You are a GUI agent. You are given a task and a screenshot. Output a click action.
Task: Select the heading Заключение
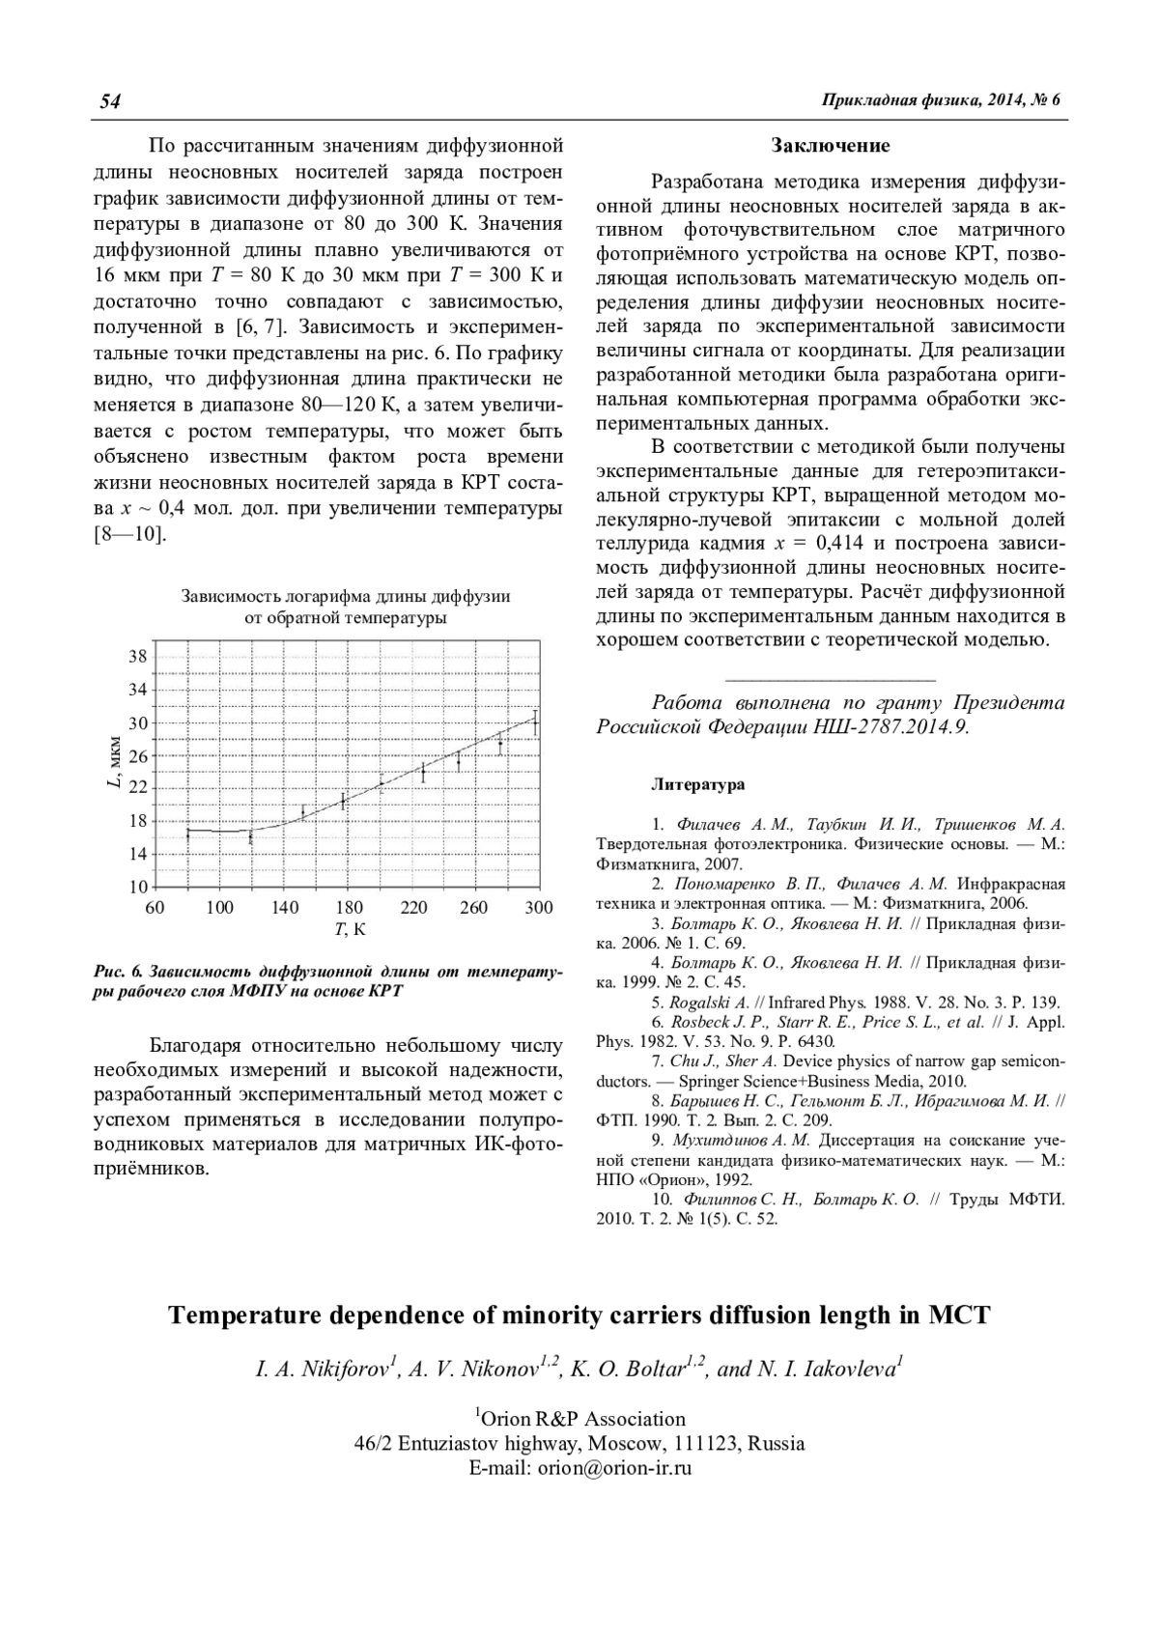coord(831,146)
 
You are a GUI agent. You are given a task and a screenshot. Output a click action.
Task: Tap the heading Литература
coord(699,784)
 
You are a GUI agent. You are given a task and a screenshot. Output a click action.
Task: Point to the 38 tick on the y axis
coord(137,657)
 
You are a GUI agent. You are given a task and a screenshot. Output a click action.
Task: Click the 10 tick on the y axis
coord(137,887)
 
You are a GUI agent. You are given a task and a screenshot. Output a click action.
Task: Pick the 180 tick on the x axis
coord(350,908)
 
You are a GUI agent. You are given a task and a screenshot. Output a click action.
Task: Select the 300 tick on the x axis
coord(539,908)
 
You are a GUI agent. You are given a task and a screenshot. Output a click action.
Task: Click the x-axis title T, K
coord(350,930)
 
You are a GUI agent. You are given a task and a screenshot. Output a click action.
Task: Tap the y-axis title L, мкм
coord(113,763)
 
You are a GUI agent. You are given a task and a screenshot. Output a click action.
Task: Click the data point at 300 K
coord(535,721)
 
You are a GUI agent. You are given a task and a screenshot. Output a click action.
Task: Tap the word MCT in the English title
coord(960,1315)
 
